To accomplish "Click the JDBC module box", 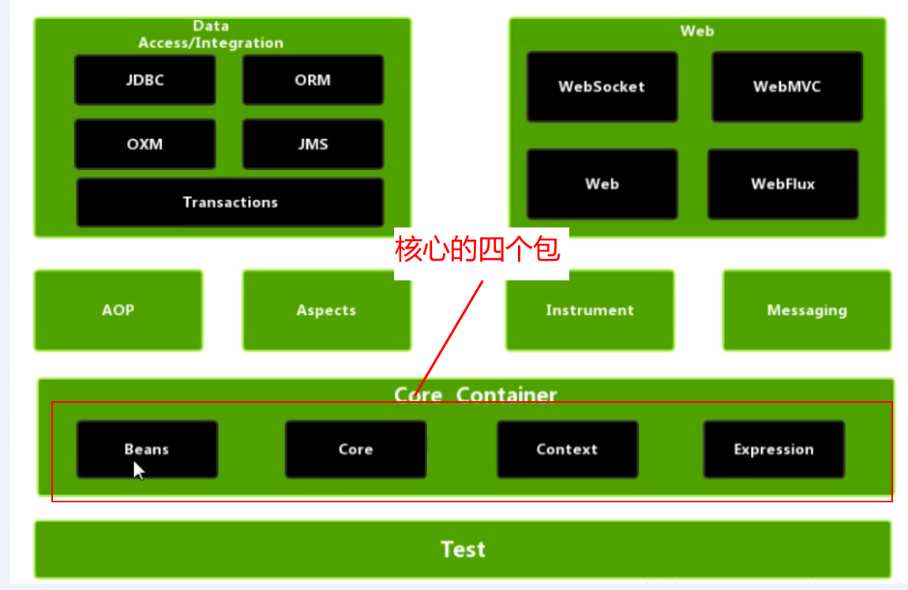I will (144, 80).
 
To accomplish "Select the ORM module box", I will (313, 80).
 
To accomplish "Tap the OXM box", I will (144, 145).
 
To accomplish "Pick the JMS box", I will (313, 145).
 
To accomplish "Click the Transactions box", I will (230, 202).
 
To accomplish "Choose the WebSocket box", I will (602, 87).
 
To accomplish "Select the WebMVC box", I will (786, 87).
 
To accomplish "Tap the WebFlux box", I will (782, 184).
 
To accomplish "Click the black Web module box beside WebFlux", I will (602, 184).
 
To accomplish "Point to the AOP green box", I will (118, 310).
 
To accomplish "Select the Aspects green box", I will (326, 310).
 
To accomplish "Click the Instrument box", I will (590, 310).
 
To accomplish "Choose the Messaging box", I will (807, 310).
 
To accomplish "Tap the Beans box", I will (147, 449).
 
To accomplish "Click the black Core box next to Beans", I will (355, 449).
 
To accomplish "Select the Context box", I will (567, 449).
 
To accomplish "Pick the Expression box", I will (774, 449).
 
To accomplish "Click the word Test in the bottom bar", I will (463, 549).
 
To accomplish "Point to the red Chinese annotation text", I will (478, 250).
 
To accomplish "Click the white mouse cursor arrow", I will (138, 470).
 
